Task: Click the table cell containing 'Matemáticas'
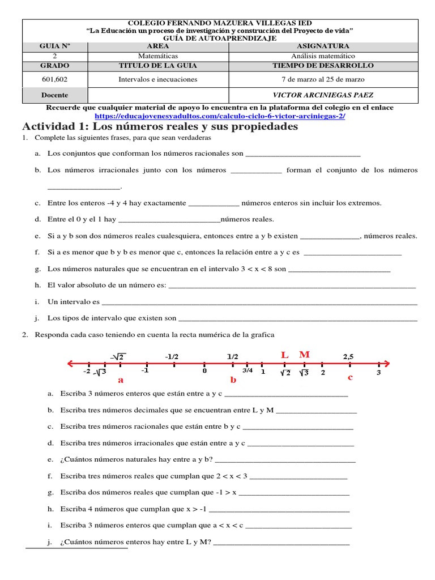158,56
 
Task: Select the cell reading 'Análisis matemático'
323,56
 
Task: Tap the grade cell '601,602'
54,79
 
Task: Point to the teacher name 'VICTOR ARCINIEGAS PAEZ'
323,95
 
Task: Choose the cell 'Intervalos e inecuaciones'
158,79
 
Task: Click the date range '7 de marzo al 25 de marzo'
323,79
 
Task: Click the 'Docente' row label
54,95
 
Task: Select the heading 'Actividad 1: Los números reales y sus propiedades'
160,126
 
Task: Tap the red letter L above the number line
285,355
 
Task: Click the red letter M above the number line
304,355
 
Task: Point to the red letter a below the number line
121,380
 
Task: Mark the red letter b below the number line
233,380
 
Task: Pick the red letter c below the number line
350,377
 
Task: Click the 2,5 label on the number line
348,356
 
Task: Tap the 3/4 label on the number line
248,370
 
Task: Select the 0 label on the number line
204,372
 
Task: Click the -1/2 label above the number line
172,356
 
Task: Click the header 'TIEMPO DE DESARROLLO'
323,65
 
